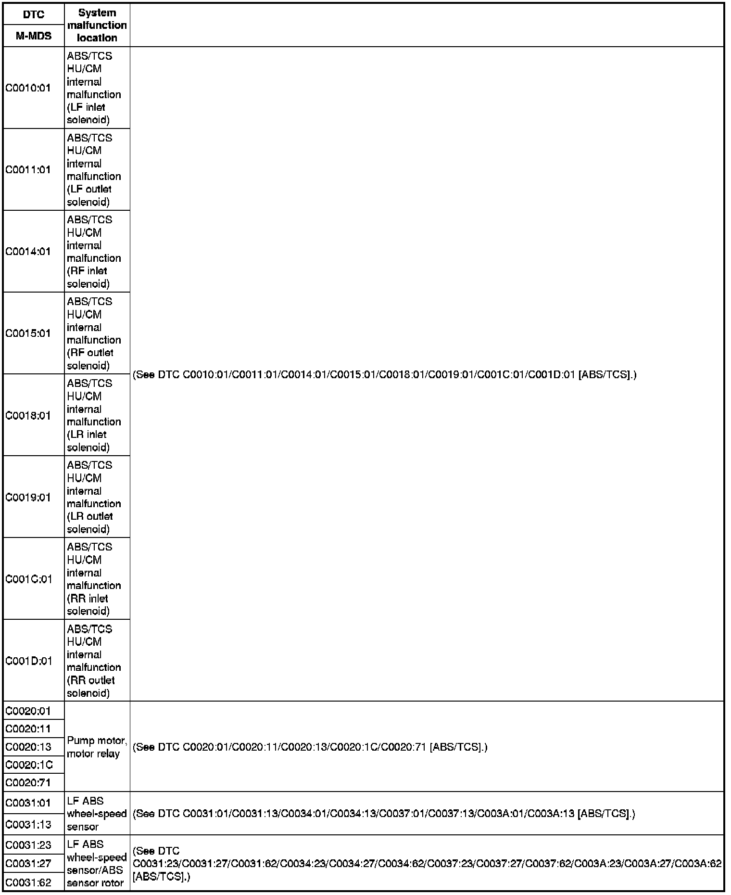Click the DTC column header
click(x=33, y=14)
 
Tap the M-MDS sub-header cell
click(x=33, y=36)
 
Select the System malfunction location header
click(x=97, y=25)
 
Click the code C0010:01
click(x=28, y=88)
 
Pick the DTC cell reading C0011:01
click(x=28, y=170)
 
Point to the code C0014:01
click(x=28, y=252)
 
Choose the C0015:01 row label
click(x=28, y=333)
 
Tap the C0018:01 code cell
click(x=28, y=416)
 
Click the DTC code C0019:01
click(x=28, y=498)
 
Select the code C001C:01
click(x=29, y=579)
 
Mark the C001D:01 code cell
click(x=29, y=661)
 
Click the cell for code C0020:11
click(x=28, y=729)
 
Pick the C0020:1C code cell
click(x=29, y=765)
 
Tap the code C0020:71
click(x=28, y=783)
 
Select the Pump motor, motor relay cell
click(x=97, y=747)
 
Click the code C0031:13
click(x=28, y=824)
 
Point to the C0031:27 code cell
click(x=28, y=864)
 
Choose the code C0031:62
click(x=28, y=882)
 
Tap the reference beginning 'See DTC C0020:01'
click(x=310, y=747)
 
